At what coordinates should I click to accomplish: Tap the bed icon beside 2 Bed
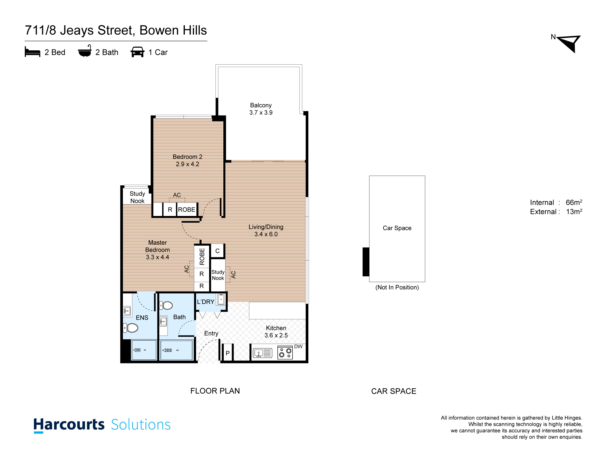32,52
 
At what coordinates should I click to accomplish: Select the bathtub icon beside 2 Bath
85,51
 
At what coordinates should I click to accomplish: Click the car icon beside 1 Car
137,52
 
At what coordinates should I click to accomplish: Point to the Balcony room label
261,105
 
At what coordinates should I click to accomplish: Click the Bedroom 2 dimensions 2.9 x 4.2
188,164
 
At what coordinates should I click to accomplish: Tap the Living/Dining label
266,227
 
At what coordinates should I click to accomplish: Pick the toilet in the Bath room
166,305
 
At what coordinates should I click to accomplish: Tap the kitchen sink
263,353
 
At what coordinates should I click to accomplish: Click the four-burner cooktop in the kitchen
285,353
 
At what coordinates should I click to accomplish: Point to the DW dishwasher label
298,346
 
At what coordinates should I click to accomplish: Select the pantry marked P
227,353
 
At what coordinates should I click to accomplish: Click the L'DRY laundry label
205,302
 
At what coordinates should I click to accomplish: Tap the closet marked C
217,251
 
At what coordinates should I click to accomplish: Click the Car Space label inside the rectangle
397,228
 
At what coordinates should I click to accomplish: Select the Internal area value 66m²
574,202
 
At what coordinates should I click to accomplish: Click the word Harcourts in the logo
69,425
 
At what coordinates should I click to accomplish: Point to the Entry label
211,333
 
